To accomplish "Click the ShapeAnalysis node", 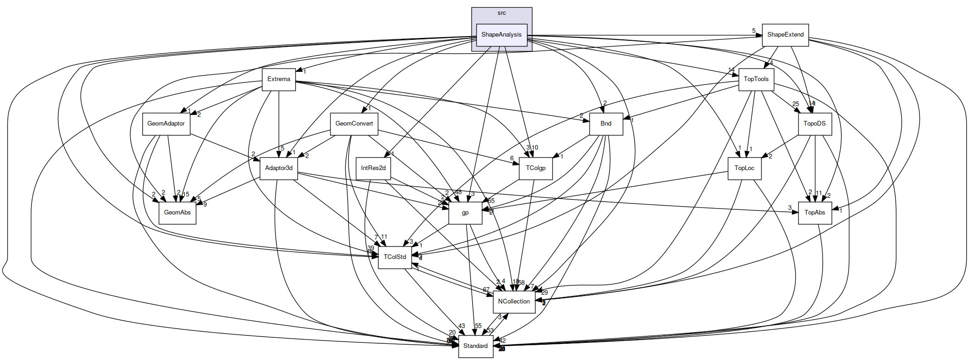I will click(x=501, y=35).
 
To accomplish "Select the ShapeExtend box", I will click(x=785, y=35).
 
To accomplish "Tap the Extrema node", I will click(x=279, y=79).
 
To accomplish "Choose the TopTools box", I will click(x=756, y=79).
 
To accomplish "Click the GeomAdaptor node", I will click(x=166, y=124).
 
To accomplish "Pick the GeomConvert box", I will click(x=354, y=124).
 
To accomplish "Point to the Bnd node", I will click(x=606, y=124).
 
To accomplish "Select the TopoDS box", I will click(x=814, y=124).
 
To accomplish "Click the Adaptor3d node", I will click(x=279, y=168).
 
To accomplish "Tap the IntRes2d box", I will click(x=373, y=168).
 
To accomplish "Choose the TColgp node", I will click(x=535, y=168).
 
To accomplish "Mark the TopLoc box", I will click(x=744, y=168).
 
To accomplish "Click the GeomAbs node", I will click(x=177, y=213).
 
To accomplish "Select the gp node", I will click(x=465, y=213).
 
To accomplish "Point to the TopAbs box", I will click(x=814, y=213).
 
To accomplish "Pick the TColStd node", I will click(x=395, y=257).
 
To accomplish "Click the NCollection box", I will click(x=513, y=302).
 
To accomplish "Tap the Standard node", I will click(x=475, y=346).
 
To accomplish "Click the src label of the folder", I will click(x=501, y=13).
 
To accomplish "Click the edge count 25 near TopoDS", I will click(x=795, y=104).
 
